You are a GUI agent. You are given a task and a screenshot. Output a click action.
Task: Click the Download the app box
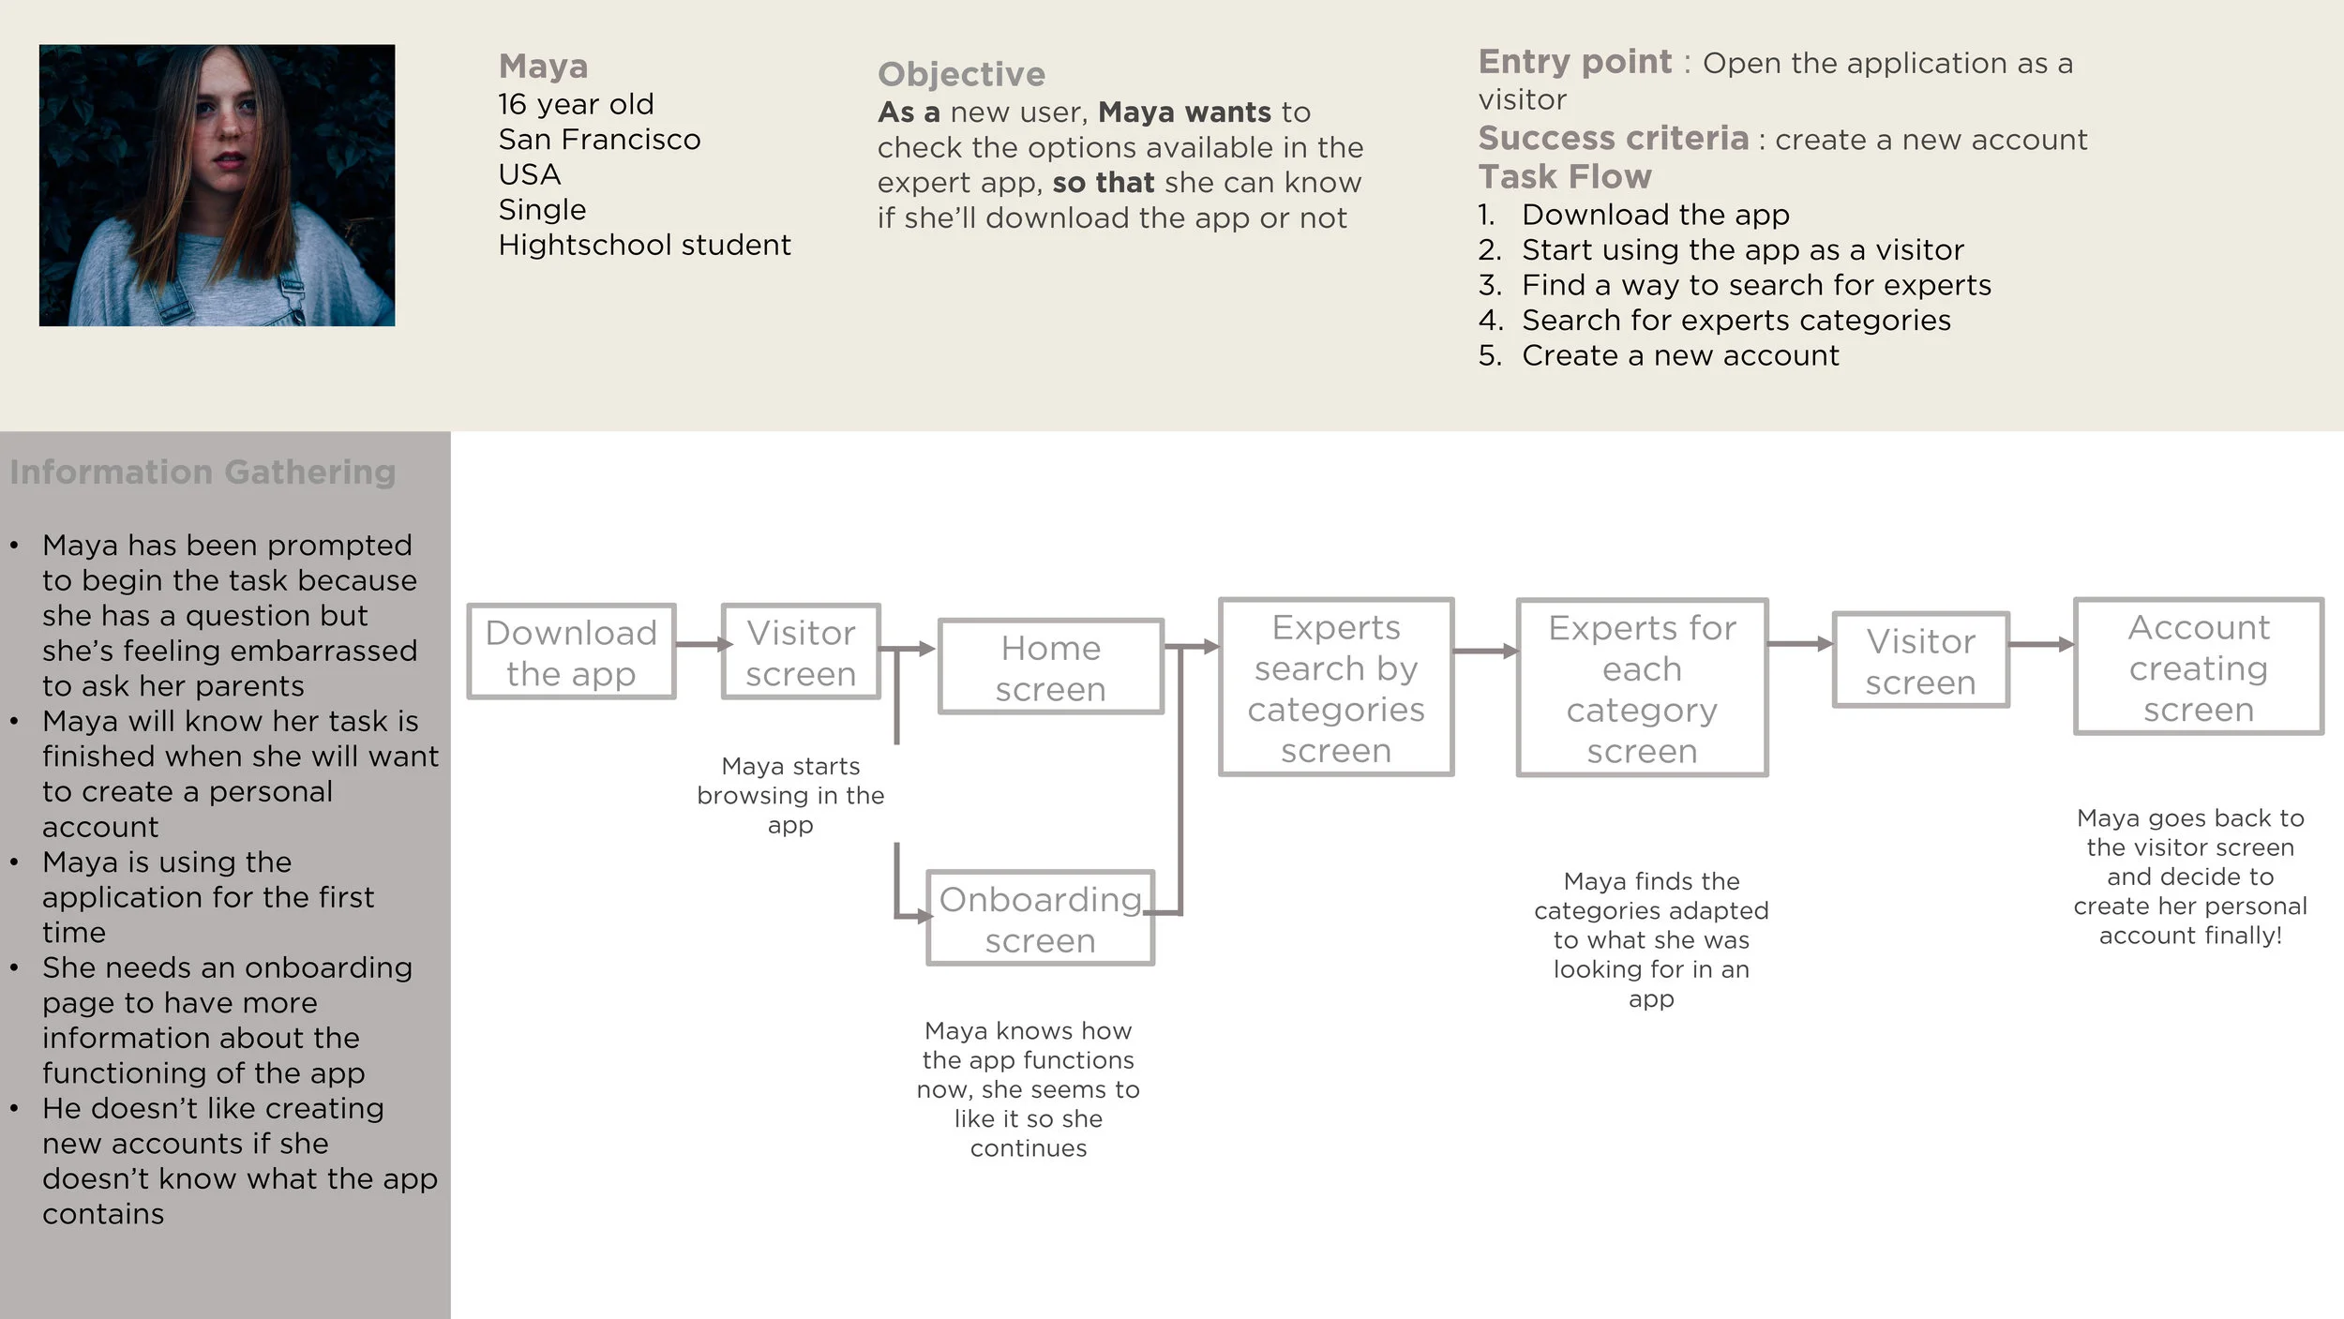click(x=571, y=652)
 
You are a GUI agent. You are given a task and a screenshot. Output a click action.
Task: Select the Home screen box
click(x=1050, y=667)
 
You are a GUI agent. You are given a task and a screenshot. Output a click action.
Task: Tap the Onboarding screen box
click(x=1040, y=918)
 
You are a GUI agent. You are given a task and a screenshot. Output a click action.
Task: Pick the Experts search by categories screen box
click(x=1335, y=687)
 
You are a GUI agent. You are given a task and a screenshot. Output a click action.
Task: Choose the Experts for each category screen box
click(x=1642, y=688)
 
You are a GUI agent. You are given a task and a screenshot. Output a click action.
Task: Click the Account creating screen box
click(x=2198, y=667)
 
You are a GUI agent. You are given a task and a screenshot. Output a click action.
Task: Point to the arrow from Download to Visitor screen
click(x=701, y=644)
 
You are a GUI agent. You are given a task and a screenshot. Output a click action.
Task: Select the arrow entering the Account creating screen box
click(x=2041, y=644)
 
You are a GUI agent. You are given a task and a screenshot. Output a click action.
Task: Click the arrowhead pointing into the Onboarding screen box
click(x=924, y=916)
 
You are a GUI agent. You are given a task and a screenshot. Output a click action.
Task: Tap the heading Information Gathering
click(x=203, y=472)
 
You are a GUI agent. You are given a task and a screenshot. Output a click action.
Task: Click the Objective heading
click(x=961, y=74)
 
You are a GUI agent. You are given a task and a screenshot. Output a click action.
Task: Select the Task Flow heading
click(x=1565, y=176)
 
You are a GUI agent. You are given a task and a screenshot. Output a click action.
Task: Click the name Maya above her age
click(x=544, y=66)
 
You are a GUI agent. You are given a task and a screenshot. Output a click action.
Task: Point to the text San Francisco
click(x=599, y=140)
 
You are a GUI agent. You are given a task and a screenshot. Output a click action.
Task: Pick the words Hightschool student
click(x=644, y=245)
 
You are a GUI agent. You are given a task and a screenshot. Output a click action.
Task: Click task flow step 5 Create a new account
click(x=1679, y=355)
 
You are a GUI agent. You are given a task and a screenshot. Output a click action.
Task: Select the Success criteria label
click(x=1613, y=138)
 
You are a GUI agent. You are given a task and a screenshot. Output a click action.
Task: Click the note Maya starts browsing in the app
click(x=790, y=795)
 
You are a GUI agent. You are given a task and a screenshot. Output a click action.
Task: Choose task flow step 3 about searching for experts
click(x=1755, y=285)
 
